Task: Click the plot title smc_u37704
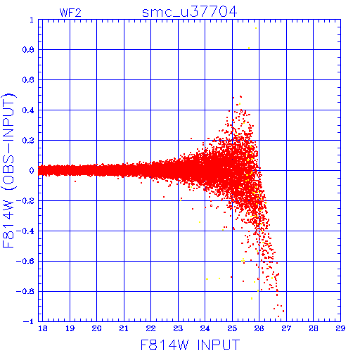point(189,12)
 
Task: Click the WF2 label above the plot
point(70,13)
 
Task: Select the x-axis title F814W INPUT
point(190,345)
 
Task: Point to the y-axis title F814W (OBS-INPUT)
point(8,170)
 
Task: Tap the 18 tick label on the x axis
point(42,328)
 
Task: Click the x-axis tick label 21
point(124,328)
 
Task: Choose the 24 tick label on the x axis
point(205,328)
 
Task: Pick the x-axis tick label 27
point(286,328)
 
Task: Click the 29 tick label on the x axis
point(340,328)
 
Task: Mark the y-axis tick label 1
point(32,20)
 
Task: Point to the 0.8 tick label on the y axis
point(28,50)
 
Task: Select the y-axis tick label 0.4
point(28,110)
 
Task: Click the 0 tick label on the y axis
point(32,171)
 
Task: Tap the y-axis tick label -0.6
point(25,261)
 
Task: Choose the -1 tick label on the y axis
point(29,321)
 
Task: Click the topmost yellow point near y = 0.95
point(256,28)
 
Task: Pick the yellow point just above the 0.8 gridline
point(249,49)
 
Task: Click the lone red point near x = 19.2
point(75,181)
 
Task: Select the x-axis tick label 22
point(150,328)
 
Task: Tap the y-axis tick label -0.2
point(25,201)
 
